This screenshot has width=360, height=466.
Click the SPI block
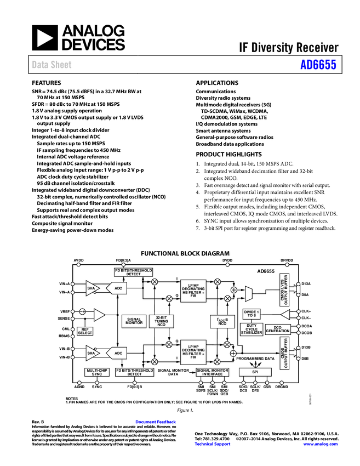point(255,372)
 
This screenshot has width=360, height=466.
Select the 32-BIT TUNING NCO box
point(161,322)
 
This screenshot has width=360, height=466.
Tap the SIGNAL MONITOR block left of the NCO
point(134,322)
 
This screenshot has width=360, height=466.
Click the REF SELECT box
point(85,331)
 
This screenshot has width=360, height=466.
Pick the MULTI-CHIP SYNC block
point(97,372)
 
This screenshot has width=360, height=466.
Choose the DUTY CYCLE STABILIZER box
point(252,329)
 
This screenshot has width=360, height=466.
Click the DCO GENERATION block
point(278,329)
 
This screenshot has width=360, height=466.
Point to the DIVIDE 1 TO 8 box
point(252,314)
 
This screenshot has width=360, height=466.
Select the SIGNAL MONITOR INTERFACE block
point(213,372)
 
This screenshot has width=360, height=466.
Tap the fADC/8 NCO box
point(222,322)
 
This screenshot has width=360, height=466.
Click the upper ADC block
point(117,288)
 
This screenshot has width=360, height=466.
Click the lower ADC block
point(117,353)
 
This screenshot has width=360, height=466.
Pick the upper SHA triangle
point(92,288)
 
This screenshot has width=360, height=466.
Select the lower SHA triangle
point(92,353)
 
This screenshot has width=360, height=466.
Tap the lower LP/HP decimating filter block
point(193,351)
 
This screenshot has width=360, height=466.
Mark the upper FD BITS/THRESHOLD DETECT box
point(133,272)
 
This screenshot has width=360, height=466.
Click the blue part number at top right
point(318,65)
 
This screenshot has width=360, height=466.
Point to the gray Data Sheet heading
point(52,65)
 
